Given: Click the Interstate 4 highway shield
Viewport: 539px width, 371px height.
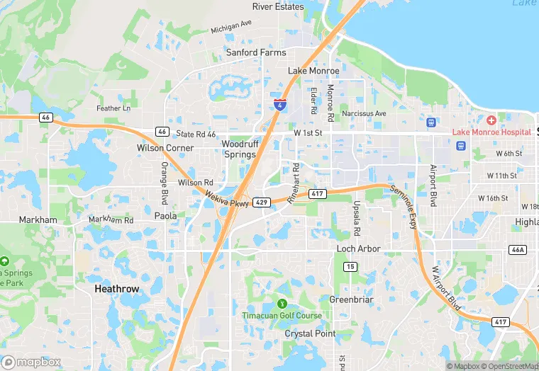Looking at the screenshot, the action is (281, 105).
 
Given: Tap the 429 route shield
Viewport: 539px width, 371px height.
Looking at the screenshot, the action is (262, 202).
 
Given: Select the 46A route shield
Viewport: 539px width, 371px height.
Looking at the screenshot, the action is (518, 250).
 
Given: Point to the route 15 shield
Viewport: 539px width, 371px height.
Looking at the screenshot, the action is (350, 266).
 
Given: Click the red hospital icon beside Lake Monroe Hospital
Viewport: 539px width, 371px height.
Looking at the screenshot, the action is (491, 120).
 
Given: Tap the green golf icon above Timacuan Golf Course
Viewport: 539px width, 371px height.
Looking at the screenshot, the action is (283, 304).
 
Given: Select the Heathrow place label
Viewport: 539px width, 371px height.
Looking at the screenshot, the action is (117, 290).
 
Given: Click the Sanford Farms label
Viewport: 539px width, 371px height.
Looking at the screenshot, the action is (256, 52).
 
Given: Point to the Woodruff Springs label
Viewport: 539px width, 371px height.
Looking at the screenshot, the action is (238, 149).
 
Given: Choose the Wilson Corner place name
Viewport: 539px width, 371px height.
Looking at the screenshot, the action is (165, 148).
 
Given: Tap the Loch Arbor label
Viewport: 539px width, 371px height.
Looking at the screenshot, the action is (358, 249).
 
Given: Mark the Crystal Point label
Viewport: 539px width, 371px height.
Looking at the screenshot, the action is (310, 333).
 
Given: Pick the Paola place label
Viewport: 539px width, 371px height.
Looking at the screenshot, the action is (165, 216).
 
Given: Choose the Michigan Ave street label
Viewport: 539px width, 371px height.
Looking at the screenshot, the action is (231, 27).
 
